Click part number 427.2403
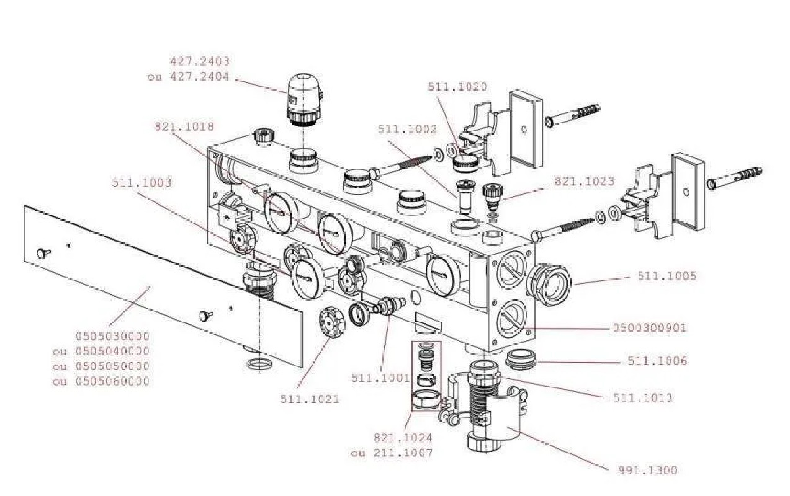point(199,61)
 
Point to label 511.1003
point(141,183)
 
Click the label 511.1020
point(457,87)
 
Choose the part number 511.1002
point(407,130)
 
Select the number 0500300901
point(649,328)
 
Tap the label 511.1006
point(657,361)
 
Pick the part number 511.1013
point(642,398)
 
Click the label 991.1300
point(648,471)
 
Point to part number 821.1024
point(403,438)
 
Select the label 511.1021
point(310,399)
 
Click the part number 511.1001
point(380,378)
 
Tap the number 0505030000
point(112,336)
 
